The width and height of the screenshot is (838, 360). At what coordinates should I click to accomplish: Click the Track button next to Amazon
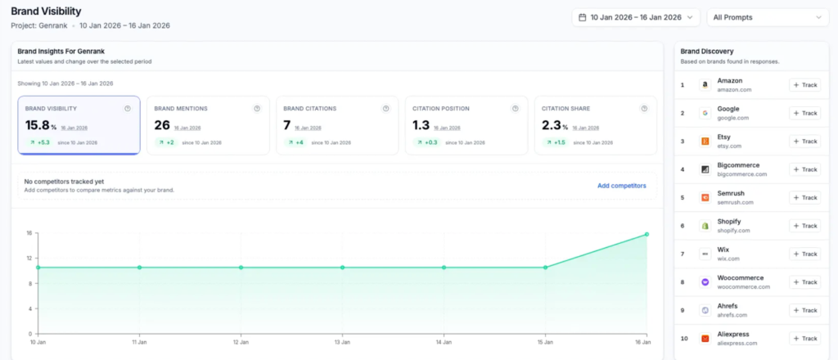804,85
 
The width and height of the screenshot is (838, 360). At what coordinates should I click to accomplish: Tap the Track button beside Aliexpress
804,338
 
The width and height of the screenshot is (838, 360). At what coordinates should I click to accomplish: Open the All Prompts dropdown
768,17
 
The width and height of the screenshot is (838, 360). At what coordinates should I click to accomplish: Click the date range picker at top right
635,17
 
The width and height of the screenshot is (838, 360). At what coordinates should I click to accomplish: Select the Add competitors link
621,186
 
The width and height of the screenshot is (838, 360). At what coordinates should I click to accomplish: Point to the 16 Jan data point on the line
647,234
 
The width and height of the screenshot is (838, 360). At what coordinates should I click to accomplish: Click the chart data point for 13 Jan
342,268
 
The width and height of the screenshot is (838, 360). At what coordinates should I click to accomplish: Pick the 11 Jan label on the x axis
140,341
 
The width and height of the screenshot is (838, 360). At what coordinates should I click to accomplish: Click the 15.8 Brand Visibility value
38,125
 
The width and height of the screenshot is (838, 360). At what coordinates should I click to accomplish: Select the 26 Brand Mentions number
162,125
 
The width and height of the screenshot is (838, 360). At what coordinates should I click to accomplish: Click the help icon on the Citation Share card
645,108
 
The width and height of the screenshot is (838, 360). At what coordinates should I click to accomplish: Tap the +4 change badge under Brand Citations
295,142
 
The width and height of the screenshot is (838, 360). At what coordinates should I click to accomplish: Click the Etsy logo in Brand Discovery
704,142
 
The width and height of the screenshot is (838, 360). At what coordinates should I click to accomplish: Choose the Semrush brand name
731,193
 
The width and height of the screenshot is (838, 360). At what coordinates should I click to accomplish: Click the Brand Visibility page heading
47,11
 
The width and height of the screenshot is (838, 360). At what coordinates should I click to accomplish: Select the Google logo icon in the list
704,113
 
